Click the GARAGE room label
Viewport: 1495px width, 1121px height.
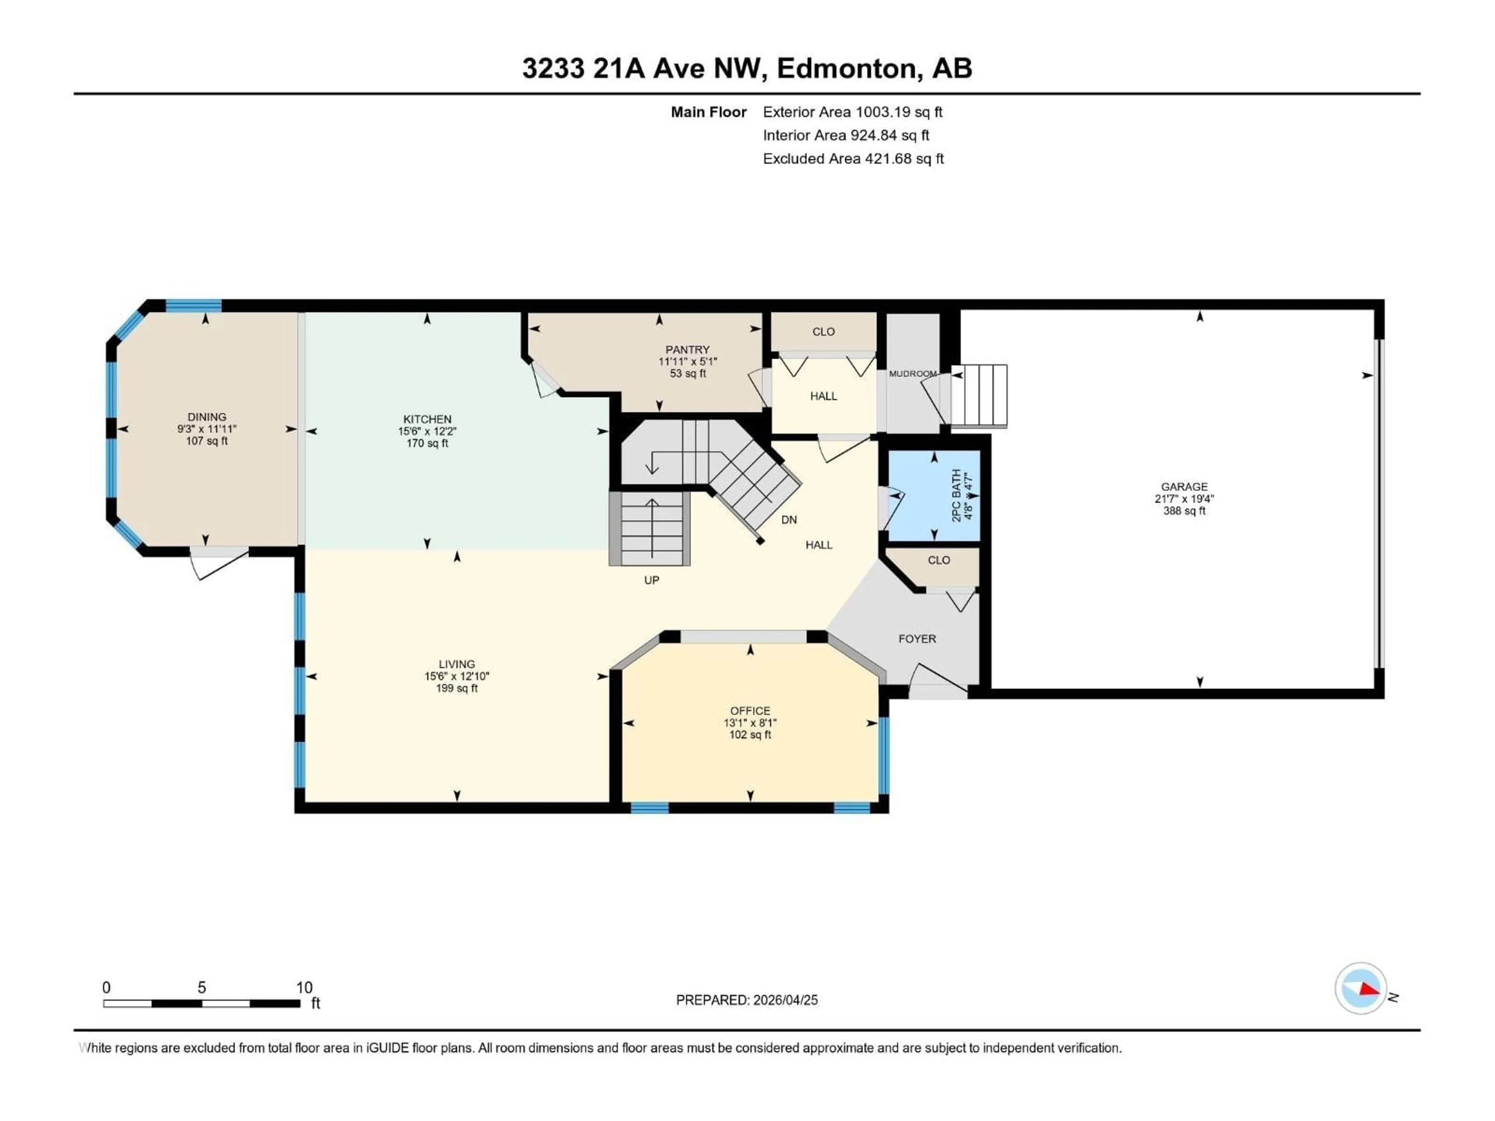point(1184,487)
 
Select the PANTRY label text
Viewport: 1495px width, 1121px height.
point(687,350)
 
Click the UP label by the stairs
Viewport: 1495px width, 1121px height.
point(651,580)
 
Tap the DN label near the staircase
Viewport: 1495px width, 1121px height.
point(789,520)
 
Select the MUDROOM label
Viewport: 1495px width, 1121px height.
point(913,374)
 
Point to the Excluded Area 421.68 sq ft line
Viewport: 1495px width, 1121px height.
point(853,159)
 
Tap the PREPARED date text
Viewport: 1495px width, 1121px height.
point(746,1000)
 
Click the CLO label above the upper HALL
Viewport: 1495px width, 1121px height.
point(823,332)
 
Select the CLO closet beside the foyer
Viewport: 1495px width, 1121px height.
point(938,560)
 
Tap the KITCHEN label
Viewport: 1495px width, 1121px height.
point(427,419)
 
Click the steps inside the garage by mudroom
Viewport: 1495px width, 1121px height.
point(979,395)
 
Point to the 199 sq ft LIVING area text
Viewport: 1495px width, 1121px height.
point(457,688)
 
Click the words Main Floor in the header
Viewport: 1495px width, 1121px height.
point(708,112)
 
